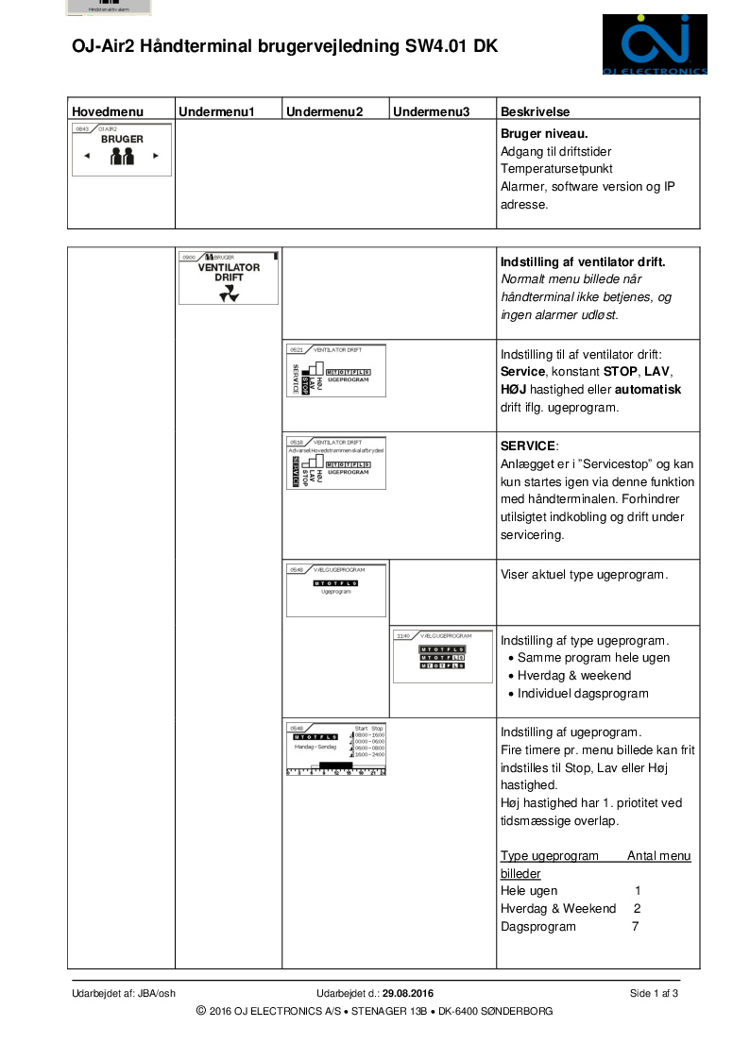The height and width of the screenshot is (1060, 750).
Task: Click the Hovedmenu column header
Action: pos(103,111)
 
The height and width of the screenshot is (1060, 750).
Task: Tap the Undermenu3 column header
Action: pos(431,111)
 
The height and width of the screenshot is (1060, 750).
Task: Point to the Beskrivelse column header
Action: pos(535,111)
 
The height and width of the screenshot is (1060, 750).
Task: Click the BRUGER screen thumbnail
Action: pos(122,148)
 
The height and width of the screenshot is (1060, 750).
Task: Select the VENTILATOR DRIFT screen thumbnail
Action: pos(229,278)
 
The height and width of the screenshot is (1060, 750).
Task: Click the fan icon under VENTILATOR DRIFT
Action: pos(229,295)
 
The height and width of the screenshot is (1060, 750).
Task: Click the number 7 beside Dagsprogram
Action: pos(636,927)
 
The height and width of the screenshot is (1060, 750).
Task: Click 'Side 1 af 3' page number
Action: pos(654,993)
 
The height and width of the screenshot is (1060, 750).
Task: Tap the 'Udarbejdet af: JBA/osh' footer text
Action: pos(124,993)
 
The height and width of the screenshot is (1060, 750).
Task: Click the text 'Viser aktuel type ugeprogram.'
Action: pos(584,574)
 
